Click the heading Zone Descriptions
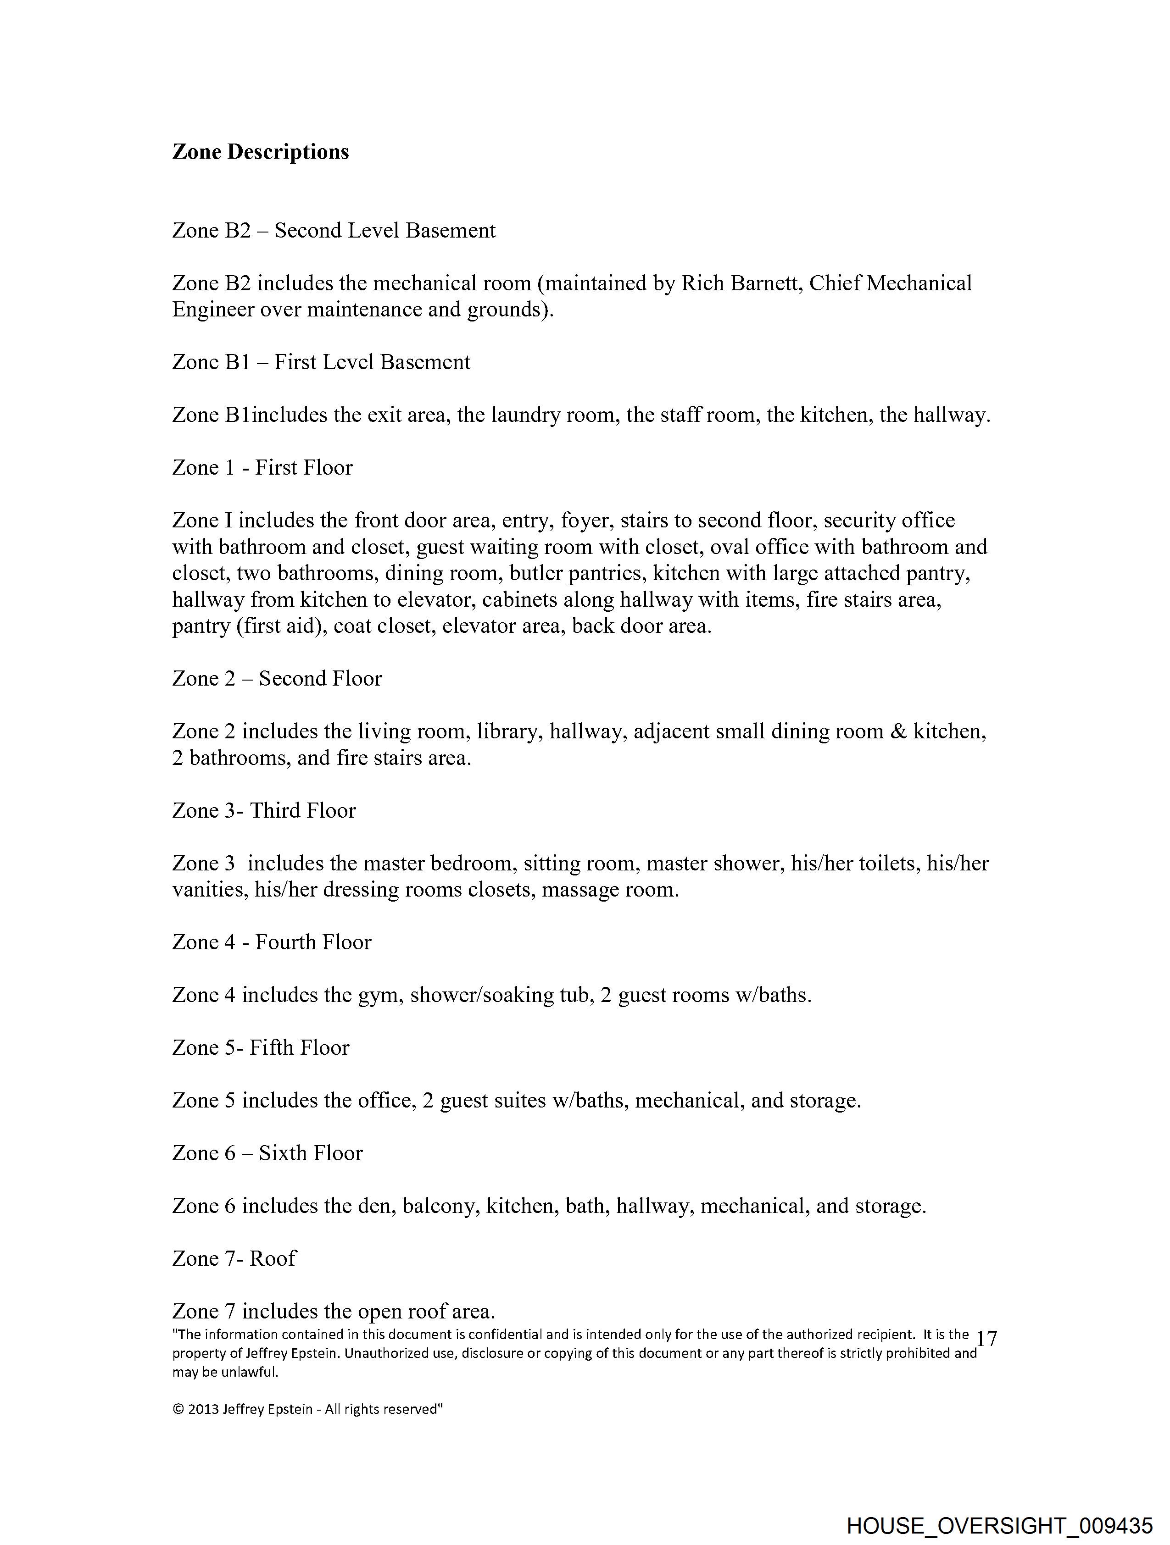coord(260,152)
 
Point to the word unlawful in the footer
coord(250,1372)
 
